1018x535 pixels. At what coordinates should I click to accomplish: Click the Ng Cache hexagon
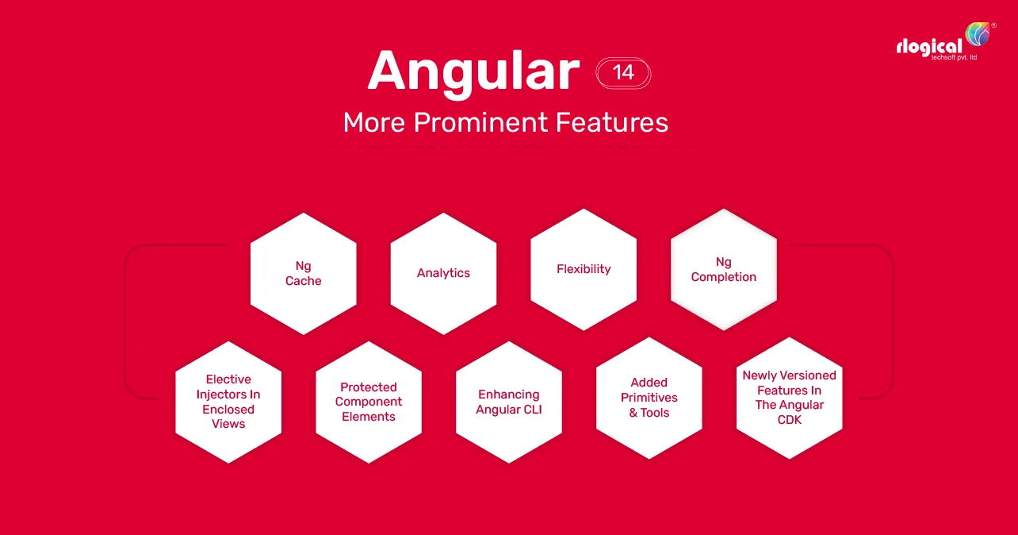click(x=303, y=273)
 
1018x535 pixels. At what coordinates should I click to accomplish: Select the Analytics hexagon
click(x=443, y=273)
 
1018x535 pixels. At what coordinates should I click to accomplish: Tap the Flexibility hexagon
click(x=584, y=269)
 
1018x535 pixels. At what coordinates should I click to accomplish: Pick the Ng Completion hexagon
click(x=724, y=269)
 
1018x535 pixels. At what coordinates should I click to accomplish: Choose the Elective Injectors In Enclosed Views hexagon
click(x=228, y=402)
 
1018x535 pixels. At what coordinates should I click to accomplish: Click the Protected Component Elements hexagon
click(x=369, y=402)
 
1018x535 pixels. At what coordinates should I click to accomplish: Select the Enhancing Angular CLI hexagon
click(x=508, y=402)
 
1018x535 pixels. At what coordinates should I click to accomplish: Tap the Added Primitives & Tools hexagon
click(x=649, y=398)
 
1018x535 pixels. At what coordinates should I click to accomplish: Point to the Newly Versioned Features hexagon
click(x=790, y=398)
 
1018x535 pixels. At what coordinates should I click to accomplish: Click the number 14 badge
click(x=623, y=73)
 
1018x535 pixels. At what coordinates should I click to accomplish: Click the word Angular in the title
click(x=473, y=73)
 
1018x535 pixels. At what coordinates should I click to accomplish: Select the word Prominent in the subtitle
click(x=480, y=123)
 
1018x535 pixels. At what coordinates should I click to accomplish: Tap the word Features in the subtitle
click(x=612, y=122)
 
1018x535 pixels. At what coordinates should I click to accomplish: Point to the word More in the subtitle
click(x=374, y=122)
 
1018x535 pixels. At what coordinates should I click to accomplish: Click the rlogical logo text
click(x=929, y=47)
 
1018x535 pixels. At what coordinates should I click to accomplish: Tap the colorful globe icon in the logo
click(x=978, y=33)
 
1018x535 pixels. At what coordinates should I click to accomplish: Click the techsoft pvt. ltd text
click(x=954, y=57)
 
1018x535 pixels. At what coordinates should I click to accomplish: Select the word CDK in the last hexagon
click(x=790, y=419)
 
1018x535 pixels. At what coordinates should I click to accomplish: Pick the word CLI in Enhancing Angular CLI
click(x=532, y=410)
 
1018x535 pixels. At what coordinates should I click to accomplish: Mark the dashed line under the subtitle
click(x=505, y=147)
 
